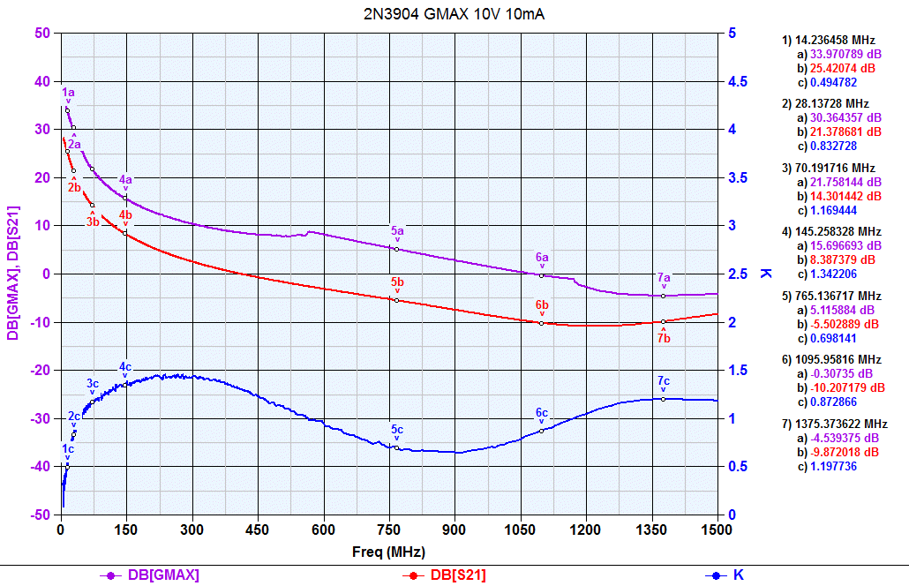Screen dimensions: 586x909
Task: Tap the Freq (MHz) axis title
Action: pos(389,552)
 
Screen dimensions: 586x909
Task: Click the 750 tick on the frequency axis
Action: pos(389,530)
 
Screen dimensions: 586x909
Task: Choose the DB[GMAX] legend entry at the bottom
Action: pos(164,575)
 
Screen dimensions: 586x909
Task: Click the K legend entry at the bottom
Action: pos(738,575)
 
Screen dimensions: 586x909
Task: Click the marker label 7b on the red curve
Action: pos(664,337)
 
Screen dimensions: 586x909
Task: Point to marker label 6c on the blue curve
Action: pos(542,413)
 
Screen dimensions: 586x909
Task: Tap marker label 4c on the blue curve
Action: pos(125,366)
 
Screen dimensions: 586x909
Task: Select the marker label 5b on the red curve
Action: pos(398,282)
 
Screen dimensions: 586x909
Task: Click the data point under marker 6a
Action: pos(542,275)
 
